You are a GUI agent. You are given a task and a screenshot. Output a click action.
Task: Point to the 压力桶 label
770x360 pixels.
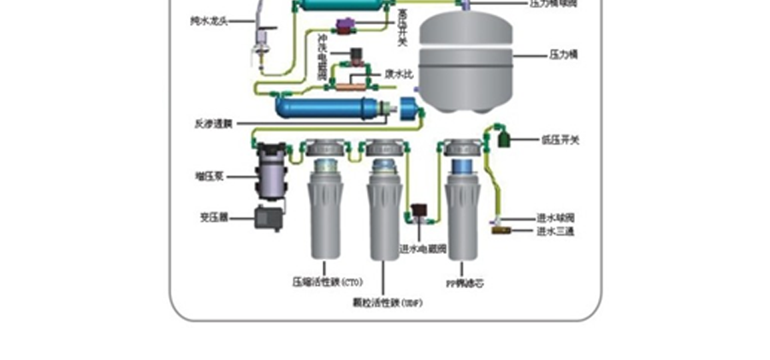(565, 54)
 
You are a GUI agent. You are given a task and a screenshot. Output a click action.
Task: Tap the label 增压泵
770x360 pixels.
(210, 176)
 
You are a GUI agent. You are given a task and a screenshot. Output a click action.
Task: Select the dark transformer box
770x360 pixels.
(270, 217)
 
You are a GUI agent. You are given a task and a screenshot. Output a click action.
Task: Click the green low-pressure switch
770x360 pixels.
(501, 137)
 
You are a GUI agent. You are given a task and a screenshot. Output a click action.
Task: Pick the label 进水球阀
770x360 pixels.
(555, 217)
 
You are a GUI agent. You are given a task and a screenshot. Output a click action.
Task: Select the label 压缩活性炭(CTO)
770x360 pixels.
(327, 280)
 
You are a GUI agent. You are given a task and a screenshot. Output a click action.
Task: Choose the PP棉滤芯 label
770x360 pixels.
(465, 282)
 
